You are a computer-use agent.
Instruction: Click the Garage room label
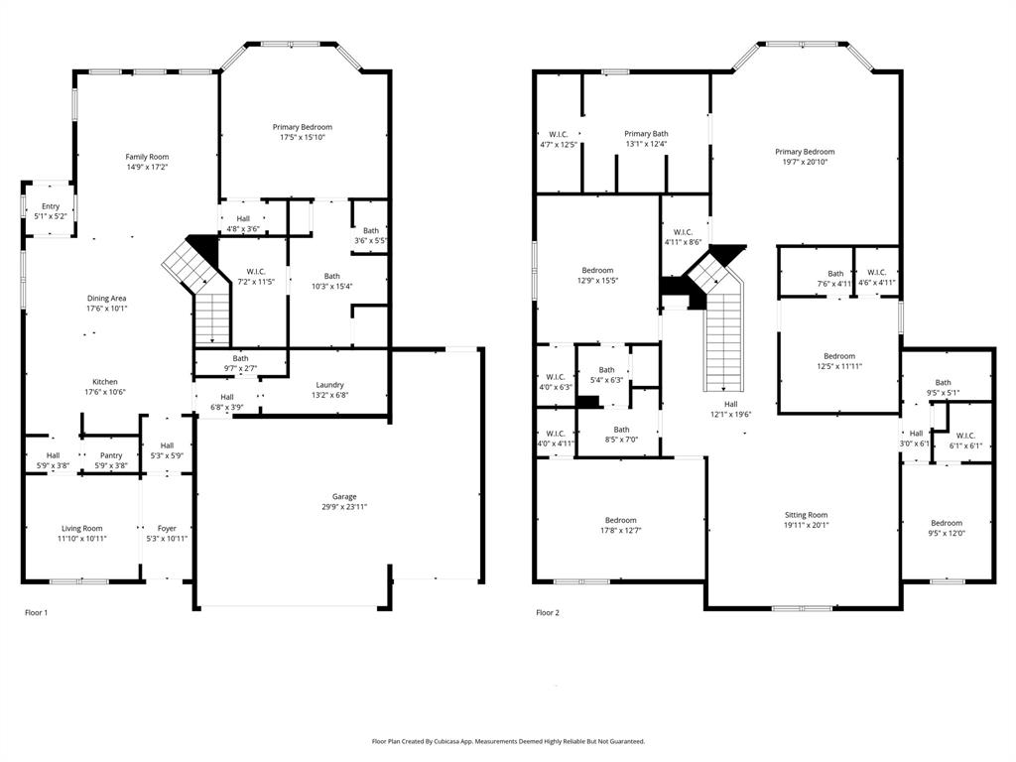(x=344, y=497)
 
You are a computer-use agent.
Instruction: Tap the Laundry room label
(x=329, y=385)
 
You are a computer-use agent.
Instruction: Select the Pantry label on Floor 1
(x=110, y=455)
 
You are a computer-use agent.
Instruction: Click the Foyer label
(x=167, y=528)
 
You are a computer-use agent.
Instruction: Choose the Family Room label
(x=147, y=157)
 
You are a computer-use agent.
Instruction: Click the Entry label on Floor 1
(x=50, y=206)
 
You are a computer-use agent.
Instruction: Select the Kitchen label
(x=105, y=382)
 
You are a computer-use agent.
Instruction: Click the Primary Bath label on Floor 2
(x=646, y=134)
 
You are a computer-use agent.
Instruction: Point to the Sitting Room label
(x=806, y=515)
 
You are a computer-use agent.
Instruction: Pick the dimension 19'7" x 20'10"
(x=805, y=163)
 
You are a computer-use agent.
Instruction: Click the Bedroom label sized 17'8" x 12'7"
(x=621, y=520)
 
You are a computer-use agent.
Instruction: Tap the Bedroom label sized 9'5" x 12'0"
(x=946, y=523)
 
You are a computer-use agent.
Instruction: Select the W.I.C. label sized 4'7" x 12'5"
(x=558, y=134)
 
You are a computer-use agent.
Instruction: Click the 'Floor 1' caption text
(x=36, y=613)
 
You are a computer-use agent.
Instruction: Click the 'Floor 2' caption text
(x=548, y=613)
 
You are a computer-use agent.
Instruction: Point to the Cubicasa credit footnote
(x=508, y=741)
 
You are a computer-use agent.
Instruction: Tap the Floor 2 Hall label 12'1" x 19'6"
(x=730, y=404)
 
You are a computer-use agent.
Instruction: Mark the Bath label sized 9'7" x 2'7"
(x=240, y=358)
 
